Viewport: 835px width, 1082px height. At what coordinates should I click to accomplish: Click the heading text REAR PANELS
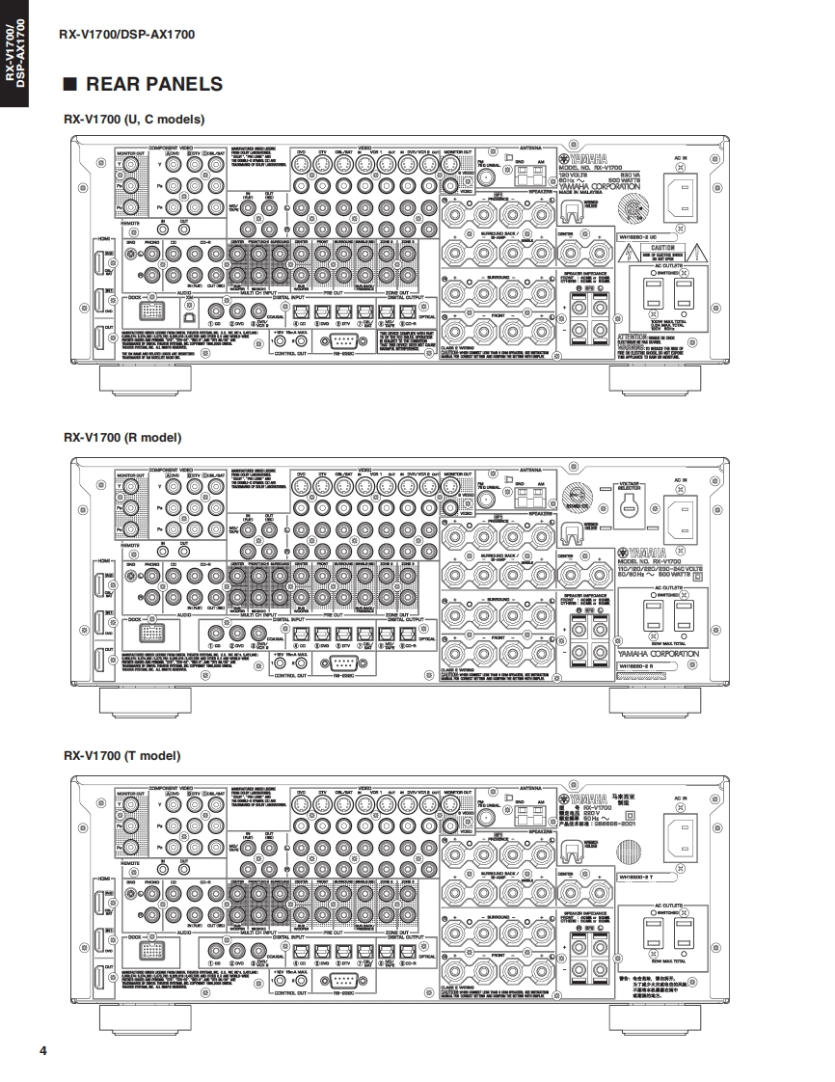tap(154, 84)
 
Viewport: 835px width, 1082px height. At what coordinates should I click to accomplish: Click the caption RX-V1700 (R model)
tap(122, 437)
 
